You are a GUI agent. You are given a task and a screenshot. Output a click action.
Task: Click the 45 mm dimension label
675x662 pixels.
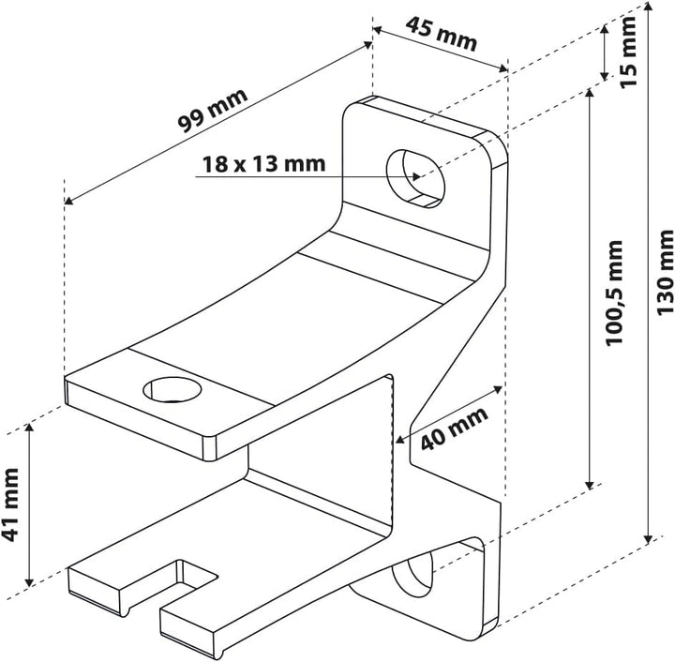point(442,34)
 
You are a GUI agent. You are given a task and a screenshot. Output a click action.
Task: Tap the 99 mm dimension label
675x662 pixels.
point(213,111)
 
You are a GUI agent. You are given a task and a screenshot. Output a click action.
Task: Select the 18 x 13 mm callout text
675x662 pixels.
point(263,164)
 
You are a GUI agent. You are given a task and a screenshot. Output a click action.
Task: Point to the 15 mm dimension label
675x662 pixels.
point(627,52)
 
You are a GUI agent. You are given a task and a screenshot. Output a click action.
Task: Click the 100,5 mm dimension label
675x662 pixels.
point(614,293)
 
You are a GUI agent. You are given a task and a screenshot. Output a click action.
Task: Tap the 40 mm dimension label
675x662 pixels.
point(454,429)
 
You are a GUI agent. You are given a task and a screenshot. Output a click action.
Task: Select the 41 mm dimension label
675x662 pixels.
point(10,504)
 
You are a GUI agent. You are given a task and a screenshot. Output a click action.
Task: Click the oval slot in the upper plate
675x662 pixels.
point(415,179)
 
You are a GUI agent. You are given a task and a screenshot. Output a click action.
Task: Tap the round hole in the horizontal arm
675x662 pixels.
point(172,389)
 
